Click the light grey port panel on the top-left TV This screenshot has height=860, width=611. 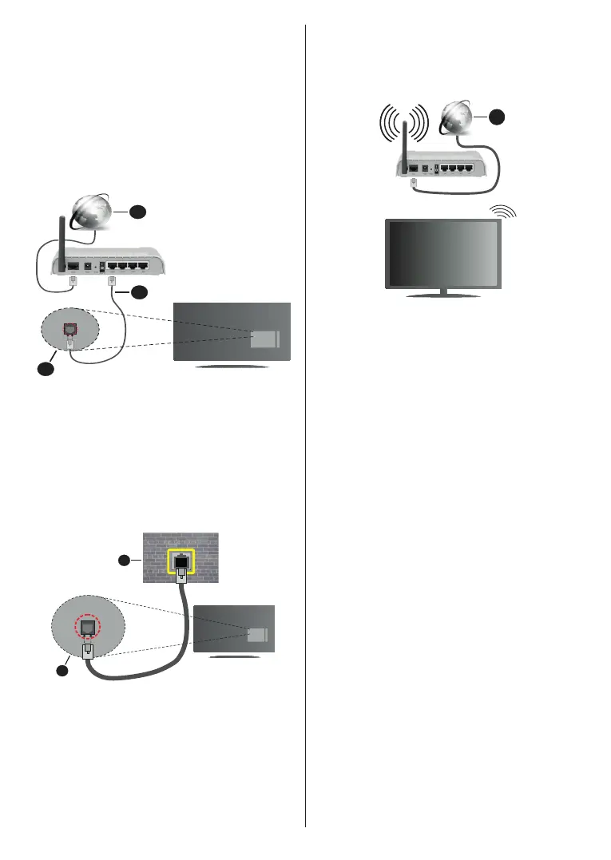pyautogui.click(x=264, y=339)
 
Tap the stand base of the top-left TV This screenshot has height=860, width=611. pyautogui.click(x=232, y=367)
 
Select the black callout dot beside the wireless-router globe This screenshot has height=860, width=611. pyautogui.click(x=497, y=116)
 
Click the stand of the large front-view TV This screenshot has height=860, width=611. pyautogui.click(x=444, y=293)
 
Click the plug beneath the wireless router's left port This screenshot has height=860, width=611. pyautogui.click(x=413, y=183)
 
